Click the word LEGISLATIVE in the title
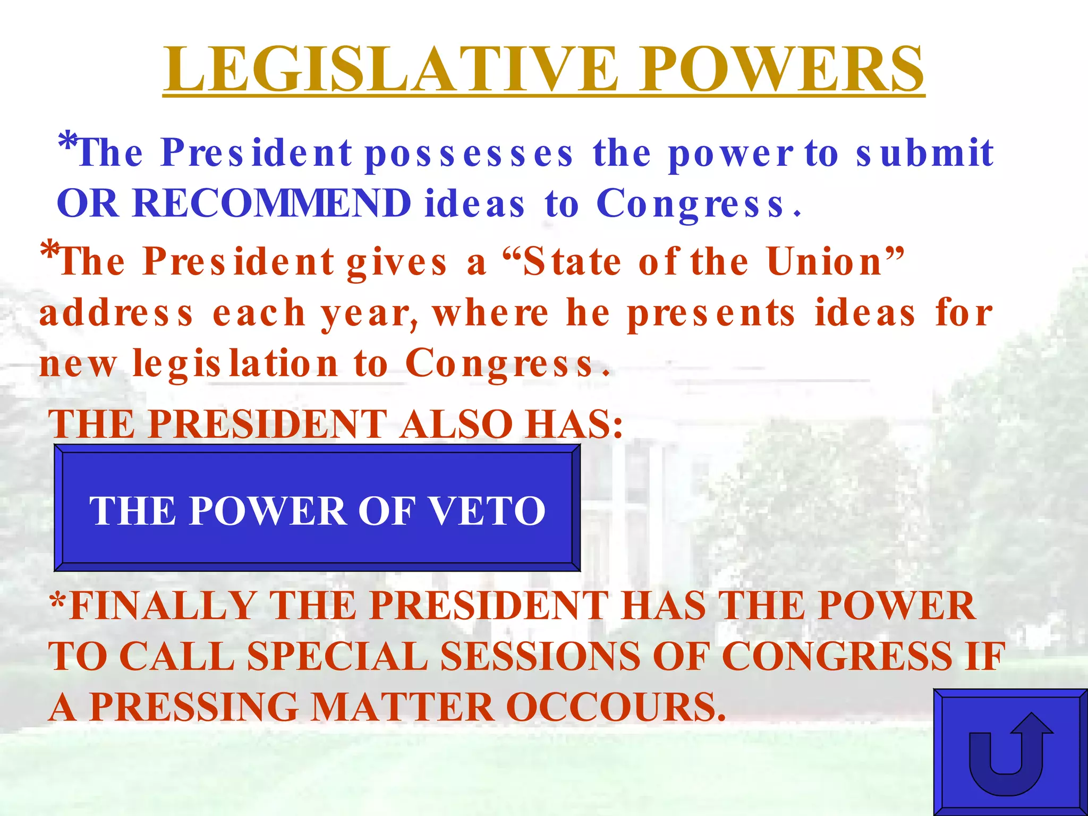pyautogui.click(x=391, y=69)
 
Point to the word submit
pyautogui.click(x=924, y=153)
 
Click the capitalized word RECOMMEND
pyautogui.click(x=271, y=203)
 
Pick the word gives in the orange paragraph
pyautogui.click(x=397, y=262)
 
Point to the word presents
pyautogui.click(x=711, y=313)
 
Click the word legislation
pyautogui.click(x=235, y=364)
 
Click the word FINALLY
pyautogui.click(x=161, y=606)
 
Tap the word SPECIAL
pyautogui.click(x=337, y=657)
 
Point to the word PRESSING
pyautogui.click(x=194, y=708)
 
